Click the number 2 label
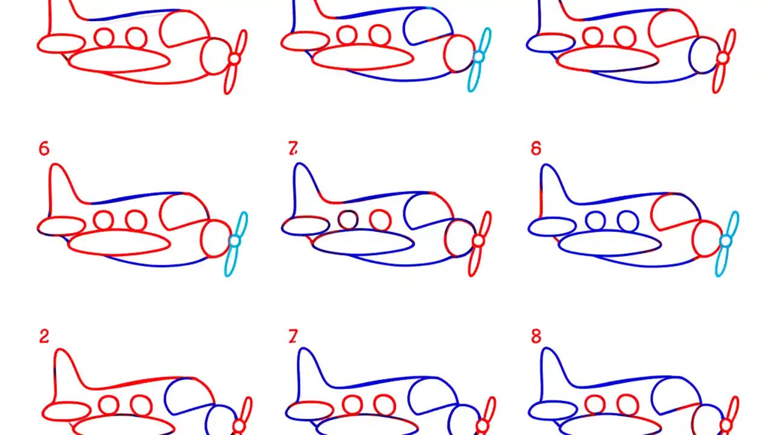[x=44, y=337]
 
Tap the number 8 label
[x=536, y=337]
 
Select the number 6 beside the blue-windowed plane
[x=536, y=149]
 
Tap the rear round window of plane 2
[x=109, y=405]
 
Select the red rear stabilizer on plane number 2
[x=67, y=411]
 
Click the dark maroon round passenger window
[x=348, y=219]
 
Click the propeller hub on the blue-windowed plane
[x=726, y=241]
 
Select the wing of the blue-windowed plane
[x=610, y=244]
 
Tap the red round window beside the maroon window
[x=380, y=219]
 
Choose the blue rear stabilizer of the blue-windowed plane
[x=551, y=227]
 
